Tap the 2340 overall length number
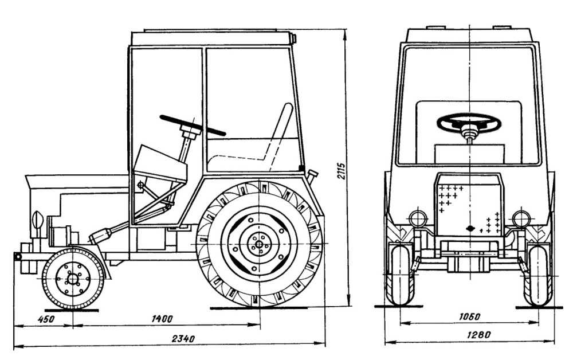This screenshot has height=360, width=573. pyautogui.click(x=183, y=339)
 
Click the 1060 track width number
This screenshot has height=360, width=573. pyautogui.click(x=469, y=316)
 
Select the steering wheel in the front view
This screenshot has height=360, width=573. pyautogui.click(x=469, y=122)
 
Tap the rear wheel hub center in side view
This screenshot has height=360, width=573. pyautogui.click(x=259, y=245)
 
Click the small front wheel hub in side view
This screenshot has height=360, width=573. pyautogui.click(x=73, y=279)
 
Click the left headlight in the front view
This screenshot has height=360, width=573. pyautogui.click(x=417, y=218)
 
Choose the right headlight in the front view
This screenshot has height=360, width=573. pyautogui.click(x=521, y=218)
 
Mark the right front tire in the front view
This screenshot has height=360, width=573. pyautogui.click(x=539, y=275)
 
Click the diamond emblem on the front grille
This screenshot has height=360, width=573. pyautogui.click(x=470, y=229)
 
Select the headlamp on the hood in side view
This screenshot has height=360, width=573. pyautogui.click(x=38, y=220)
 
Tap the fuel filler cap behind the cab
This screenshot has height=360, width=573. pyautogui.click(x=313, y=174)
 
